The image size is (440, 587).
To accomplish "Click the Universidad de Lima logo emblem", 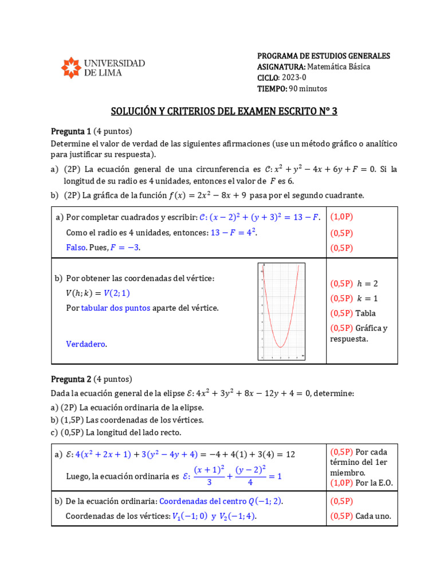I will click(x=71, y=67).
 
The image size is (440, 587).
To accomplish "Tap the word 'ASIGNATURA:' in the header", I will click(x=281, y=66).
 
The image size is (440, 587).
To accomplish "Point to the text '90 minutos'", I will click(x=308, y=88).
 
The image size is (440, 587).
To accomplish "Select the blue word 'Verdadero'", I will click(x=86, y=344).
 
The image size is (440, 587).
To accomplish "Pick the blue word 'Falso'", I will click(x=76, y=248).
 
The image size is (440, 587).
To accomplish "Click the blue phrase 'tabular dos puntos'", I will click(x=116, y=308).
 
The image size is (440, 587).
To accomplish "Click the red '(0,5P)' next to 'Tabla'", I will click(x=341, y=313).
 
